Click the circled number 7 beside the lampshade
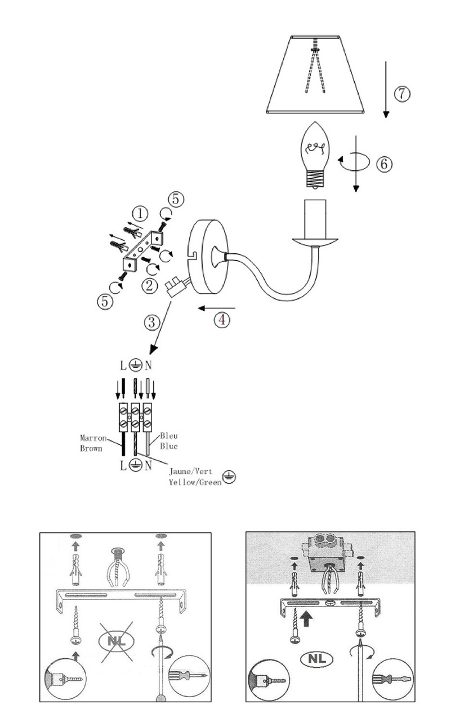click(402, 94)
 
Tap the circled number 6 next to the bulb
click(385, 164)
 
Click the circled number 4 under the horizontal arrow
click(222, 320)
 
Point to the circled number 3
click(152, 322)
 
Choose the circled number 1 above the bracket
click(140, 214)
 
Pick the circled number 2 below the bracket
click(150, 285)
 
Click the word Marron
click(93, 438)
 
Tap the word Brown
click(91, 448)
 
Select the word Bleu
click(169, 436)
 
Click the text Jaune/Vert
click(190, 471)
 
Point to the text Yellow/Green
click(195, 482)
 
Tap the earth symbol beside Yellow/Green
click(229, 477)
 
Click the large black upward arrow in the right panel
click(306, 619)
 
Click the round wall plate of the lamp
click(208, 257)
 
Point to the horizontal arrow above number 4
click(217, 308)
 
